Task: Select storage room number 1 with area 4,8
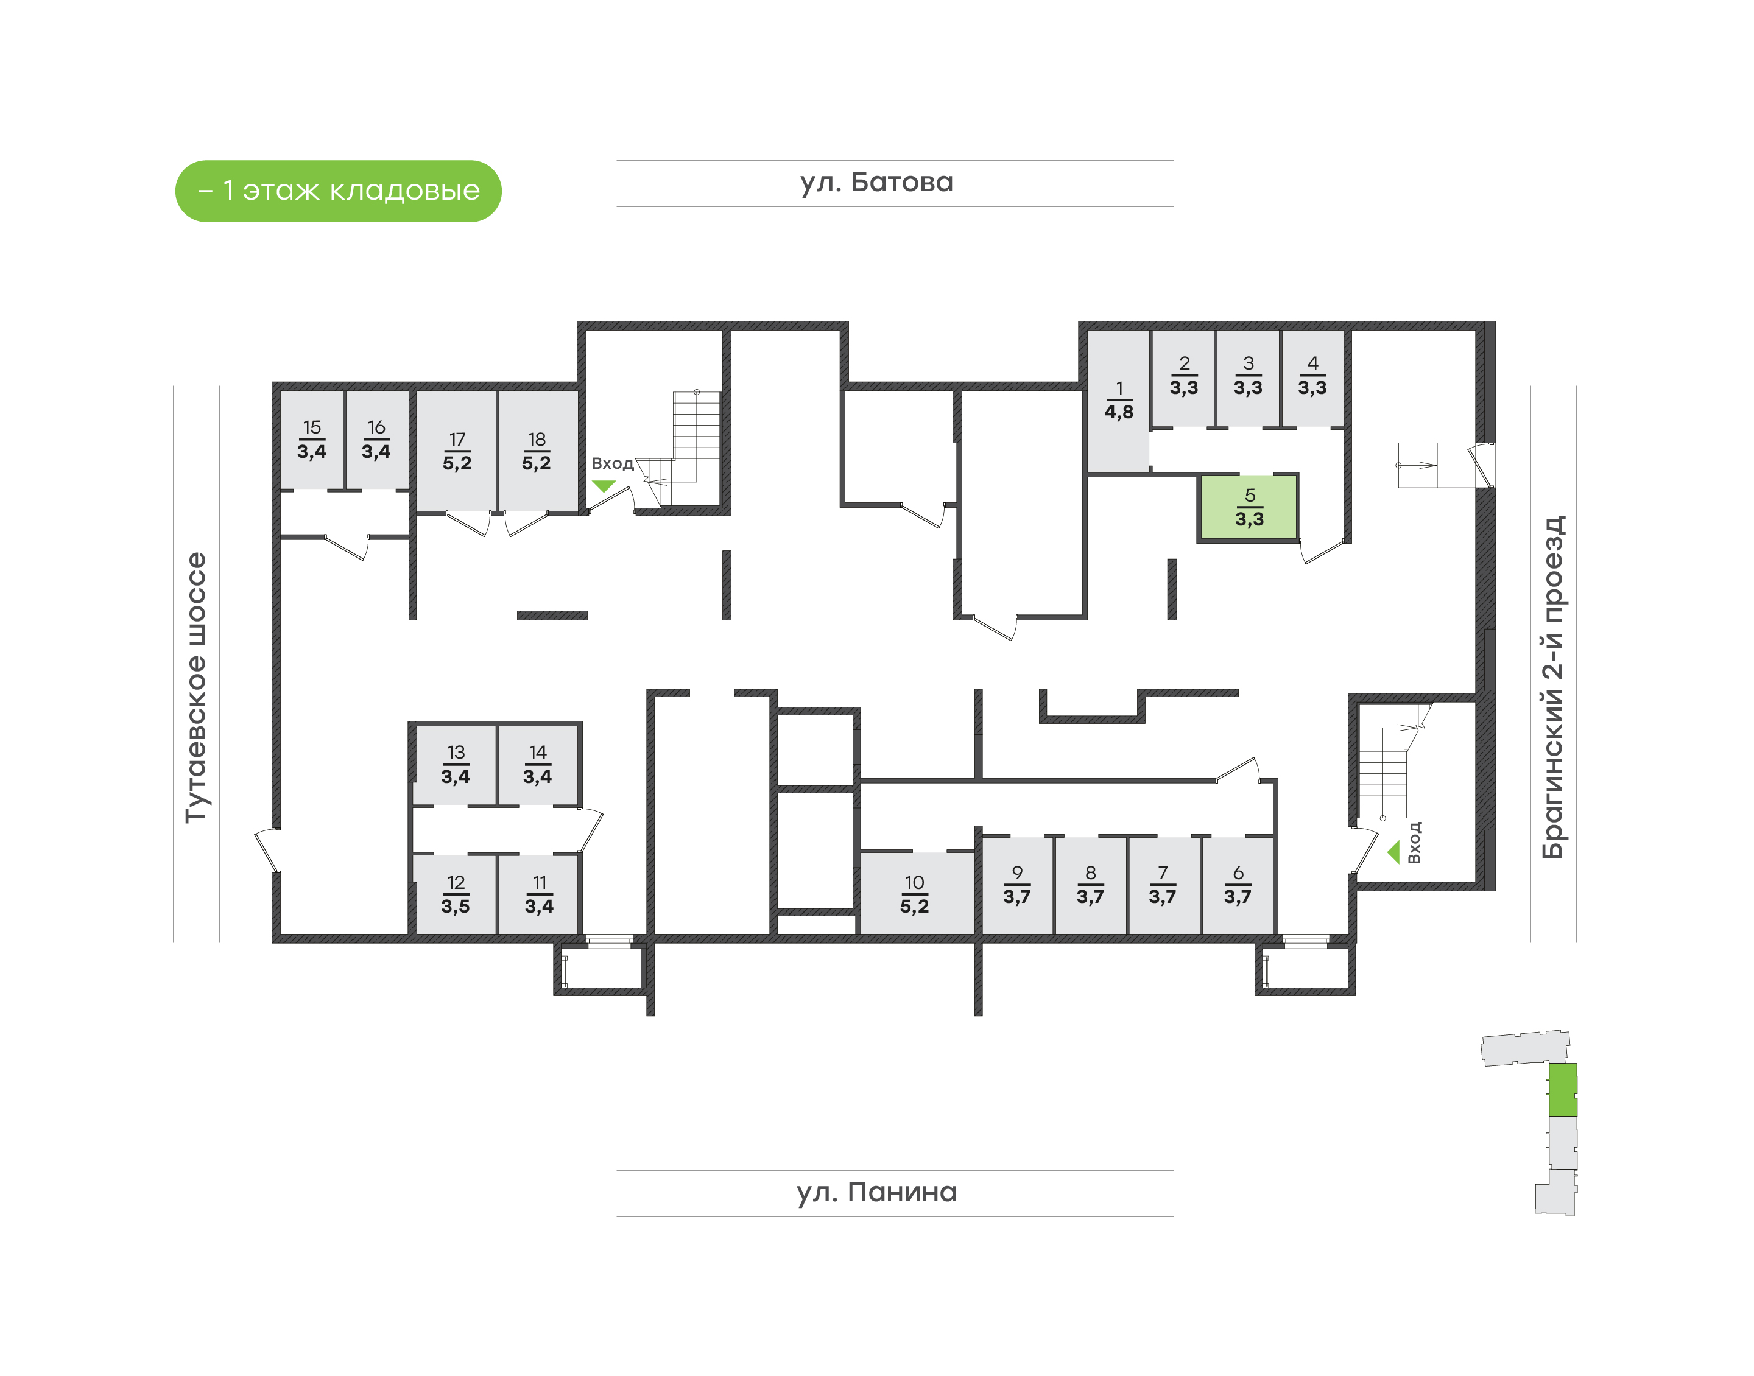pyautogui.click(x=1118, y=401)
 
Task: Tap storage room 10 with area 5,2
pyautogui.click(x=915, y=893)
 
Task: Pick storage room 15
pyautogui.click(x=312, y=440)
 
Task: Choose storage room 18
pyautogui.click(x=537, y=451)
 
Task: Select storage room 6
pyautogui.click(x=1238, y=885)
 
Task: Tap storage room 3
pyautogui.click(x=1248, y=376)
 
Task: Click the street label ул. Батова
pyautogui.click(x=876, y=183)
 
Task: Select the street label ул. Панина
pyautogui.click(x=876, y=1192)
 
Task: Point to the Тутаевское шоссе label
pyautogui.click(x=195, y=687)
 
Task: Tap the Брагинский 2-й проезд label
pyautogui.click(x=1552, y=687)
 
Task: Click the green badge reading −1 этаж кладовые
pyautogui.click(x=339, y=191)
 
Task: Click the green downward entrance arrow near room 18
pyautogui.click(x=604, y=486)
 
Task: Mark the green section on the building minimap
pyautogui.click(x=1562, y=1089)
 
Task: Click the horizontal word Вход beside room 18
pyautogui.click(x=612, y=464)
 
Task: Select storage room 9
pyautogui.click(x=1017, y=885)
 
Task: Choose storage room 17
pyautogui.click(x=457, y=451)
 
